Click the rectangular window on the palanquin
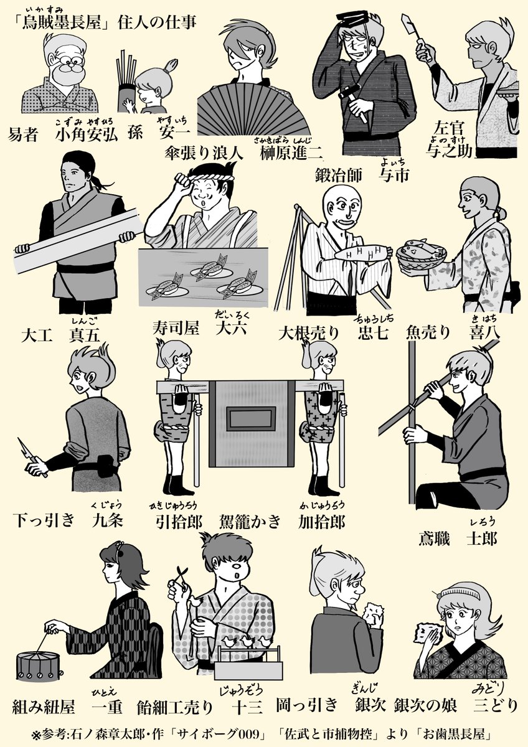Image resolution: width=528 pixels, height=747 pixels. click(252, 419)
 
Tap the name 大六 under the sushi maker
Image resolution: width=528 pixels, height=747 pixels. click(231, 328)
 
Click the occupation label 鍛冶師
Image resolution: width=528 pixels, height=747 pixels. click(339, 176)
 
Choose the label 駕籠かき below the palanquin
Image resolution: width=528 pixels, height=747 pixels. click(250, 522)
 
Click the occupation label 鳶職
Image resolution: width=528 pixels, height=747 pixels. click(434, 538)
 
